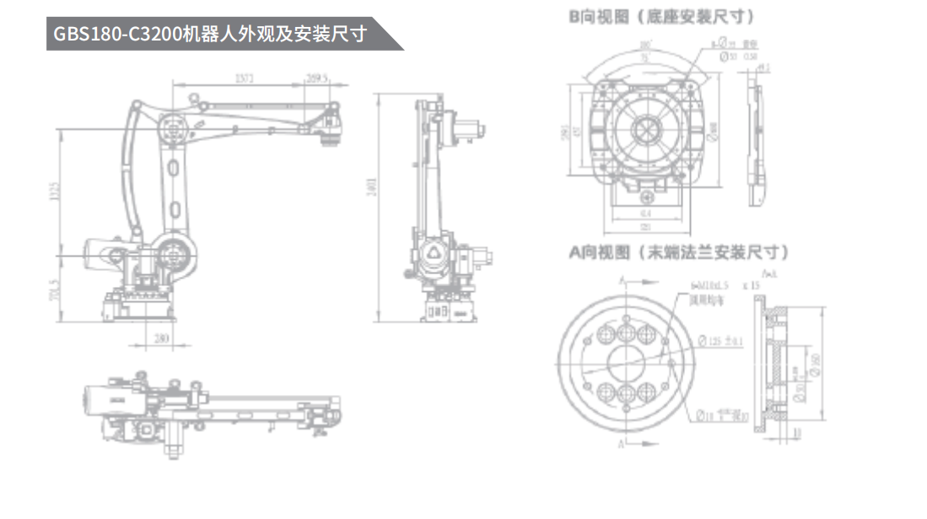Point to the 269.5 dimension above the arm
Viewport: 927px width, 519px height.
pyautogui.click(x=316, y=78)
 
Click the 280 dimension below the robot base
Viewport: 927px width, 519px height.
pyautogui.click(x=161, y=339)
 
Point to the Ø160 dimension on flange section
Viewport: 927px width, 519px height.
pyautogui.click(x=814, y=363)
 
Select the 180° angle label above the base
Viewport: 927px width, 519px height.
pyautogui.click(x=645, y=45)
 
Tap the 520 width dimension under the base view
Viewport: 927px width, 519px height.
pyautogui.click(x=645, y=227)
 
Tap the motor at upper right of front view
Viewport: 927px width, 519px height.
pyautogui.click(x=469, y=131)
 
